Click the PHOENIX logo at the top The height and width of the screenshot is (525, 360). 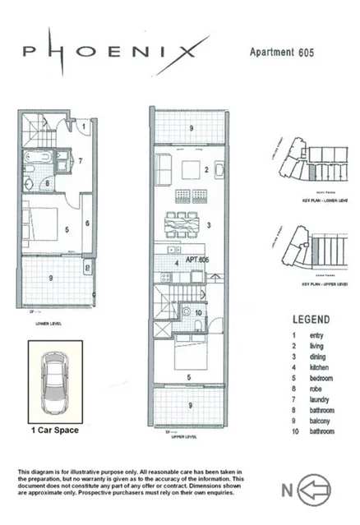click(x=109, y=52)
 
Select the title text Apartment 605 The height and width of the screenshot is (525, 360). click(x=282, y=51)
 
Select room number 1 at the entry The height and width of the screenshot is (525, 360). click(x=84, y=127)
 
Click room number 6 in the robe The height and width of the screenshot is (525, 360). click(x=85, y=223)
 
